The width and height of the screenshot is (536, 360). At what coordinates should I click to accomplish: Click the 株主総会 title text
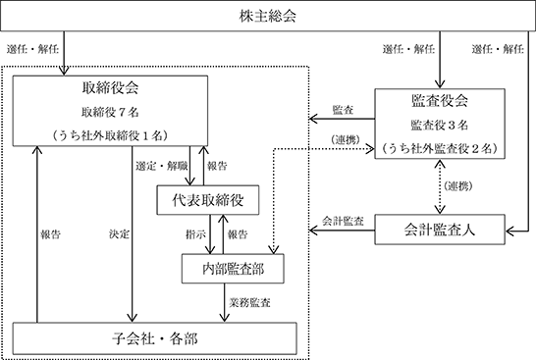[268, 16]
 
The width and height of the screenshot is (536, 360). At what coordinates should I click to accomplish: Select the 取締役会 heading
[110, 87]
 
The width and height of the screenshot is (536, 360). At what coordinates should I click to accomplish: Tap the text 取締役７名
[110, 112]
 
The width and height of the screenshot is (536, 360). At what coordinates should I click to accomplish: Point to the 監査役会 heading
[440, 101]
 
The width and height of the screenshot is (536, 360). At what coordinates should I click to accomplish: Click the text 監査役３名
[440, 125]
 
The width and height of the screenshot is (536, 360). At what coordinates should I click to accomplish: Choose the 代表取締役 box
[208, 200]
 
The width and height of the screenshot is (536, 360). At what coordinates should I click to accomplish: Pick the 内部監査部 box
[233, 269]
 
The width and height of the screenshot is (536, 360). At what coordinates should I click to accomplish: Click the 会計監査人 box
[440, 230]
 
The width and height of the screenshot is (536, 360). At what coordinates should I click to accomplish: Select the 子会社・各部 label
[155, 338]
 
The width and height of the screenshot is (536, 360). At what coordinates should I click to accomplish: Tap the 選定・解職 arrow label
[162, 167]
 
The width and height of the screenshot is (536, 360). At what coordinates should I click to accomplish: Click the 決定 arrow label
[120, 234]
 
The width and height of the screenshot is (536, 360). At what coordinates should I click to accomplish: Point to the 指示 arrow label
[196, 234]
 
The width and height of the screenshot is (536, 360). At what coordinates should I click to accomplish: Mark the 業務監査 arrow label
[250, 303]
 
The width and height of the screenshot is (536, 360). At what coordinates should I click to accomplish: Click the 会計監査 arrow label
[343, 221]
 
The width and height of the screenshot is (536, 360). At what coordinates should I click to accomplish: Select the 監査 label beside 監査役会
[343, 110]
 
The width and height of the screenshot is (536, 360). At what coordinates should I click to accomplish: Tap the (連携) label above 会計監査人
[458, 186]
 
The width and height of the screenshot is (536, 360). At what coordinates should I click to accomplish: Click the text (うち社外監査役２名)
[440, 148]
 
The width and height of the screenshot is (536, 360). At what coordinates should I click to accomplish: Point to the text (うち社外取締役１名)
[110, 135]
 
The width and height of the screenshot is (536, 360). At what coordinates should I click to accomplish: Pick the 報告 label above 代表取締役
[217, 167]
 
